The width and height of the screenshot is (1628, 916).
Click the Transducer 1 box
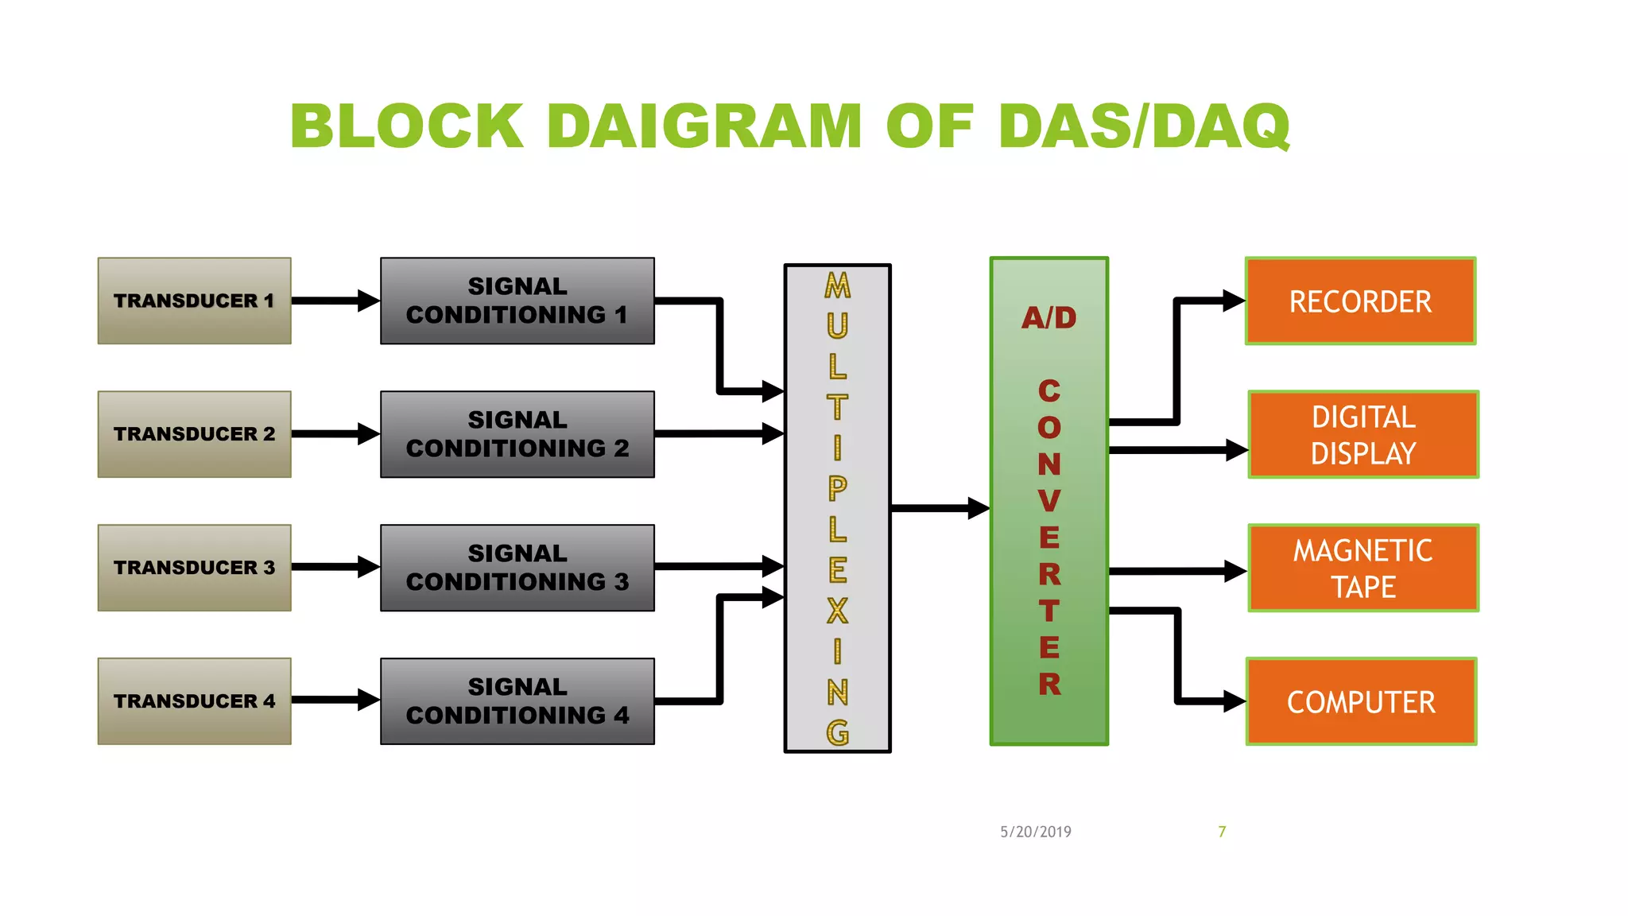pos(194,301)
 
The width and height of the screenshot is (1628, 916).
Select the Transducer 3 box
pos(194,568)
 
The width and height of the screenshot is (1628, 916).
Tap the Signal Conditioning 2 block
pos(517,434)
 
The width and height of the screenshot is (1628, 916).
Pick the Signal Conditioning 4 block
pos(517,701)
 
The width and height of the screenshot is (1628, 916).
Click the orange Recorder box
pos(1360,301)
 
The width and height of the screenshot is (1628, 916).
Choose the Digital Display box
pos(1362,435)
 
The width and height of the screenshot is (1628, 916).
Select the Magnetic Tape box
pos(1362,569)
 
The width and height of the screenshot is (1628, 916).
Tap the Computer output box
pos(1361,702)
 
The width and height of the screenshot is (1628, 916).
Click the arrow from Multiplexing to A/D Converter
pos(938,508)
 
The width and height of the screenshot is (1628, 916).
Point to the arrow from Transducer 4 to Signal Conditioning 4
pos(334,701)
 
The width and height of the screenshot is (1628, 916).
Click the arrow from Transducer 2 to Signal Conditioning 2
pos(334,434)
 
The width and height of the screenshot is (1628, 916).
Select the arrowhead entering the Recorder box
pos(1234,301)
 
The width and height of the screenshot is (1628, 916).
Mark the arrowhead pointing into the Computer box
pos(1234,701)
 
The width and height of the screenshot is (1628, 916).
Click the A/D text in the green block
pos(1049,318)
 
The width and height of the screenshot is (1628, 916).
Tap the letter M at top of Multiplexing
pos(837,285)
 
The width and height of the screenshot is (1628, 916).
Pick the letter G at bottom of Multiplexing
pos(837,732)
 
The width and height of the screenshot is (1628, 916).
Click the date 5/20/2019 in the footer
pos(1035,832)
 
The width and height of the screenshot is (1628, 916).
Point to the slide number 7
pos(1222,832)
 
